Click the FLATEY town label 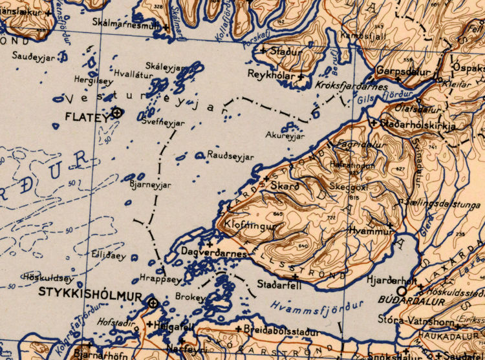point(87,116)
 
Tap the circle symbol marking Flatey point(117,113)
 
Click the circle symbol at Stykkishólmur point(153,302)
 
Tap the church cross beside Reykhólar point(301,78)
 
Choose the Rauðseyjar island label point(231,156)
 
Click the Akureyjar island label point(285,136)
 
